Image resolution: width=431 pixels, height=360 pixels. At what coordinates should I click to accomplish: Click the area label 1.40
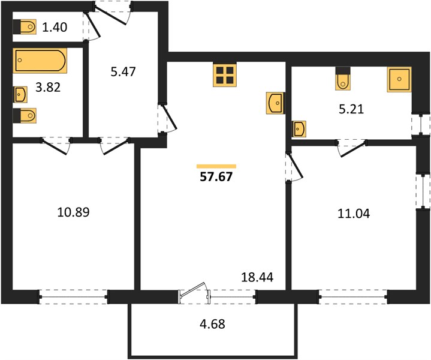(55, 27)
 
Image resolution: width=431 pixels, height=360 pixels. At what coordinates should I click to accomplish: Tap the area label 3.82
(48, 87)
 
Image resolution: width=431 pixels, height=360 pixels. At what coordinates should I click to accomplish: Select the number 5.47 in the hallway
(123, 71)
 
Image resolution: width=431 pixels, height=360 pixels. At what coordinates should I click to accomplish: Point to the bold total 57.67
(216, 176)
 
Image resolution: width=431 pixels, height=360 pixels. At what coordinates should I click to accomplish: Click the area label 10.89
(73, 212)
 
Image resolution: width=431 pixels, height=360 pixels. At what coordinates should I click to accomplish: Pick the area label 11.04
(354, 214)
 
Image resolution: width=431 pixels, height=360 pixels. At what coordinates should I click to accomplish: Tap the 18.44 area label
(257, 277)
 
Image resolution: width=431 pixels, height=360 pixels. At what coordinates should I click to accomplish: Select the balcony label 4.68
(212, 324)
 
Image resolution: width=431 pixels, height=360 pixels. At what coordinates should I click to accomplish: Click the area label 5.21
(351, 109)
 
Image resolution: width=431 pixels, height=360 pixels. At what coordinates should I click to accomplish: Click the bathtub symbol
(40, 61)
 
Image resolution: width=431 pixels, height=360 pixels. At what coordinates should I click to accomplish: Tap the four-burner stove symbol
(225, 76)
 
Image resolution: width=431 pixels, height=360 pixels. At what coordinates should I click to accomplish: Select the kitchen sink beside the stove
(275, 103)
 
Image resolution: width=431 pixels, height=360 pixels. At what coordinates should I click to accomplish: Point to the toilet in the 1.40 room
(25, 27)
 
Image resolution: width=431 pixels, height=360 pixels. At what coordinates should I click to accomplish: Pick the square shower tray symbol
(399, 79)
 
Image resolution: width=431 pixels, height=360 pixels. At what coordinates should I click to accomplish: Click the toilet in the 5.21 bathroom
(343, 79)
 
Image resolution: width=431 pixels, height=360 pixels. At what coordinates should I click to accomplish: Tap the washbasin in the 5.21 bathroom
(299, 129)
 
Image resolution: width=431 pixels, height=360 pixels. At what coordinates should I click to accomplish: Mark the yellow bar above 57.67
(216, 166)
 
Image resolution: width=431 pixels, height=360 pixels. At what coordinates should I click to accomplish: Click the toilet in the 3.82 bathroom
(25, 116)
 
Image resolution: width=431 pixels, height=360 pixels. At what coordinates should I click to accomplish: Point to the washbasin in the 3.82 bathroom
(20, 94)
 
